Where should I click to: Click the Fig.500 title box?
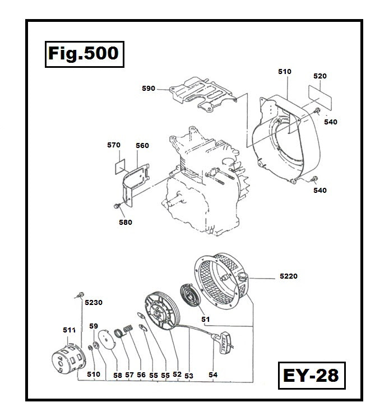click(x=82, y=54)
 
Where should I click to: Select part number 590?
click(x=149, y=88)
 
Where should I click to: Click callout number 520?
click(x=320, y=76)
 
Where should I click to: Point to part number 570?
click(x=114, y=145)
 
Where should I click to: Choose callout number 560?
click(x=142, y=146)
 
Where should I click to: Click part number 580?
click(x=126, y=222)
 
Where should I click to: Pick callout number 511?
click(x=68, y=331)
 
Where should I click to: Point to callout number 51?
click(x=205, y=320)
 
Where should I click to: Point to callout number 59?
click(x=94, y=326)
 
